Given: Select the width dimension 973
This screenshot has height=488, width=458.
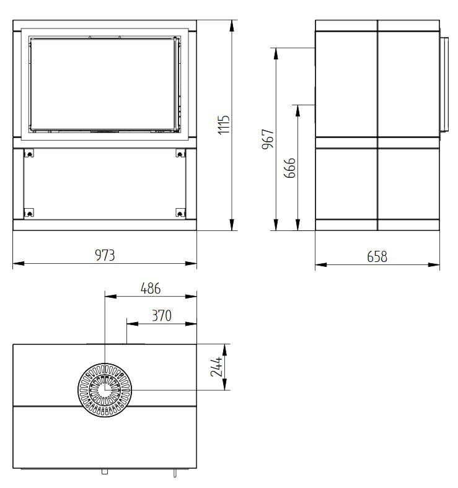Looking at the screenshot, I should point(105,255).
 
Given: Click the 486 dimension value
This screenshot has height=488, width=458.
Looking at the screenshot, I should point(150,288).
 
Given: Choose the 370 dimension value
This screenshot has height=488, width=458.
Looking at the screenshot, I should point(161,315).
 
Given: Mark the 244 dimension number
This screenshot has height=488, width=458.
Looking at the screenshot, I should point(216,367).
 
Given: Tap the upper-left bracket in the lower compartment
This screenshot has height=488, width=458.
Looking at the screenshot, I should point(28,153).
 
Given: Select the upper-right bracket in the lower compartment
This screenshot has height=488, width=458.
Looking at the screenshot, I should point(180,153).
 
